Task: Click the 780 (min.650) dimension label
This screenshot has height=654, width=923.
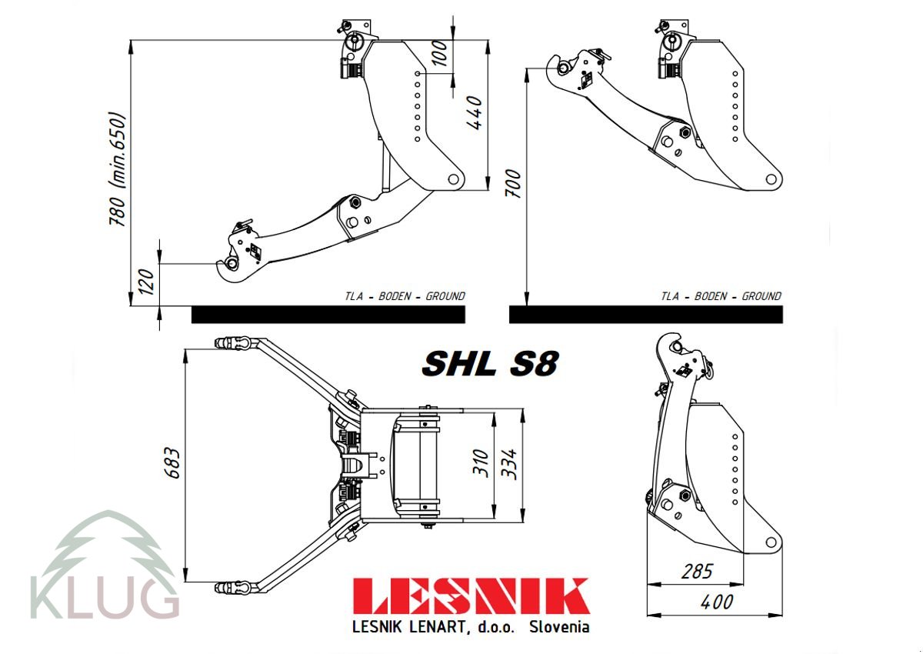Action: pos(117,170)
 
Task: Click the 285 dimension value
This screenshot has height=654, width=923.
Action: pos(696,571)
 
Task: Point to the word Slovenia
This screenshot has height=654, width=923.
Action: pos(559,627)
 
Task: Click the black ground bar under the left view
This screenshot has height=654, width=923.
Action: pos(328,314)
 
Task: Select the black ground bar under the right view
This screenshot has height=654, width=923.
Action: pos(645,314)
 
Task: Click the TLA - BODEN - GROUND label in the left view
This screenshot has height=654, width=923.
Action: pos(405,296)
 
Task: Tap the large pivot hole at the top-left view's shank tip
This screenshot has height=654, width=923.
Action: pos(453,179)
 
